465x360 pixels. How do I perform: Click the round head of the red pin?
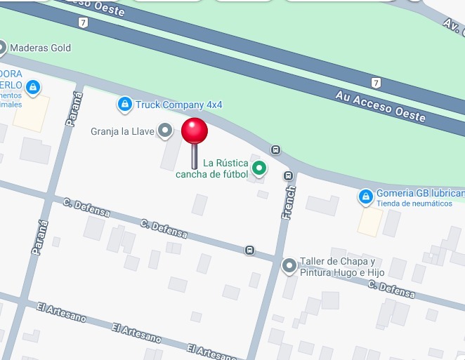(195, 131)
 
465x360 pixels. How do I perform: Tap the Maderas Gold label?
(41, 48)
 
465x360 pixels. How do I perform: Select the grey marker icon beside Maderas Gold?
(1, 48)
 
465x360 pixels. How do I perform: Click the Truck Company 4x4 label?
(179, 105)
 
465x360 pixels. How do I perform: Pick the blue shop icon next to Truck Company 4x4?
(124, 105)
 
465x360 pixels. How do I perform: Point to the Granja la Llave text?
(122, 131)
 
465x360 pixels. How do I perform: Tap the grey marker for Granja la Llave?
(165, 131)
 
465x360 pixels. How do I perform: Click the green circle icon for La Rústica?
(260, 168)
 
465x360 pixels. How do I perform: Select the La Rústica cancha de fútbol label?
(213, 168)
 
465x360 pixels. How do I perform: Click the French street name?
(289, 201)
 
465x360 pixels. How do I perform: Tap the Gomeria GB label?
(419, 194)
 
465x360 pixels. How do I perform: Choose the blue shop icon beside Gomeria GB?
(365, 197)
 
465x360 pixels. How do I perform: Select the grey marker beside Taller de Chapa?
(289, 266)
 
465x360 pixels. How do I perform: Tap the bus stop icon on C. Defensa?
(249, 250)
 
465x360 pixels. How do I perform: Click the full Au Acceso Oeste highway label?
(381, 107)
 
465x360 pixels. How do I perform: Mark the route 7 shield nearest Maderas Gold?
(84, 22)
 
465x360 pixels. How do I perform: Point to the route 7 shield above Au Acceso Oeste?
(376, 83)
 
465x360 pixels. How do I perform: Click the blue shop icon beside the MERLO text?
(32, 88)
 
